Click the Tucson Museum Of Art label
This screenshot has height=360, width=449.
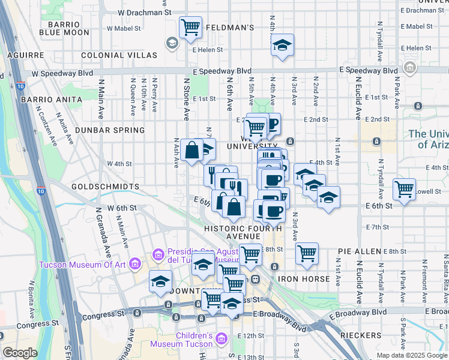83,265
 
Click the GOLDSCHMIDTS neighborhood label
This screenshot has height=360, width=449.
105,187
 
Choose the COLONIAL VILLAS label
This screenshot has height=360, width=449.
119,55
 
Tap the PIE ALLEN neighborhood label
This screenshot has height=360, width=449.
359,251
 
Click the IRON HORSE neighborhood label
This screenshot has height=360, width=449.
304,279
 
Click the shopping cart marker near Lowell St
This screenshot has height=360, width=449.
405,189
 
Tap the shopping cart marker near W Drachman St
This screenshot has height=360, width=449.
190,26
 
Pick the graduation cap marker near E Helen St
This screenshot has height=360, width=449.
282,46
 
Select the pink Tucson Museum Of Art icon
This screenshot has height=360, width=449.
135,264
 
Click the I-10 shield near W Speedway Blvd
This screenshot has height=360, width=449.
21,86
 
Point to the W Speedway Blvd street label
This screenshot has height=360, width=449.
62,73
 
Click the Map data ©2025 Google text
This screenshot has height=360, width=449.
411,355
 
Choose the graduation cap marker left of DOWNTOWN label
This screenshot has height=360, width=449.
161,281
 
